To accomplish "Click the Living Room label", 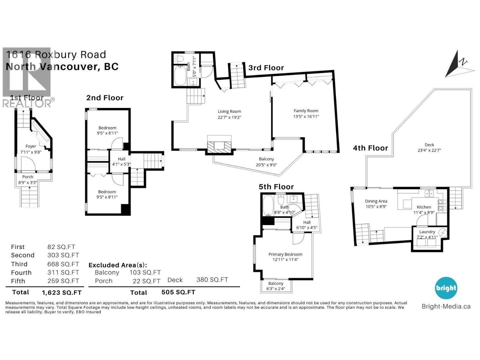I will tap(229, 112).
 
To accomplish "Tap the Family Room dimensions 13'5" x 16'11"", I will tap(306, 116).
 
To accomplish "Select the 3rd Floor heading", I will tap(266, 68).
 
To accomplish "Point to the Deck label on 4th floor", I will tap(429, 145).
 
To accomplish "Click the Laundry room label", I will tap(427, 232).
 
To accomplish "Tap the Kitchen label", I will tap(424, 207).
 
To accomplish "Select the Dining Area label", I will tap(376, 201).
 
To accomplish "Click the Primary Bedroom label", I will tap(285, 254).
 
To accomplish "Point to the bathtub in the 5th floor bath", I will tap(268, 205).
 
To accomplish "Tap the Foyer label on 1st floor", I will tap(31, 146).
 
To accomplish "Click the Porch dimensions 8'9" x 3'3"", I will tap(28, 182).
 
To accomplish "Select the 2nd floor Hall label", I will tap(121, 159).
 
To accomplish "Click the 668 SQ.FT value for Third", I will tap(63, 264).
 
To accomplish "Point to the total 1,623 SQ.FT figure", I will tap(61, 292).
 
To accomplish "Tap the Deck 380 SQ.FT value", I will tap(212, 280).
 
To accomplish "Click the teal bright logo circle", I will tap(446, 288).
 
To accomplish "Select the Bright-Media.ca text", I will tap(446, 306).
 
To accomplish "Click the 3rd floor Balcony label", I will tap(266, 159).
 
